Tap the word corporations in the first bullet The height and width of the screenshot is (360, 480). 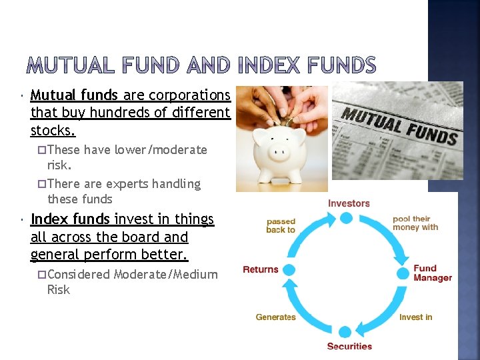pos(189,95)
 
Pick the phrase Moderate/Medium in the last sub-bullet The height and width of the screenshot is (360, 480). pos(165,274)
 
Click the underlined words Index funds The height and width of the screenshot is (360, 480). pos(70,219)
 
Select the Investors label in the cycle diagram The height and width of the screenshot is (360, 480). pos(349,203)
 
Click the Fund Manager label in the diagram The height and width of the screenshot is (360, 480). pos(432,273)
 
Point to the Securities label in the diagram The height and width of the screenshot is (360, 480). pos(349,346)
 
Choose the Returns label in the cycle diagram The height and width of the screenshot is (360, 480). pos(260,269)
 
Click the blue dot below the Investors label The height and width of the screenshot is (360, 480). pos(346,218)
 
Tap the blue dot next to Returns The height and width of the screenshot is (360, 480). pos(290,273)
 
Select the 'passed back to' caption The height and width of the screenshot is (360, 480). pos(281,225)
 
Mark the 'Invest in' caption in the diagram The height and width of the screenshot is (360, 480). pos(415,317)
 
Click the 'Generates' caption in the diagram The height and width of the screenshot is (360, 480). pos(275,317)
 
